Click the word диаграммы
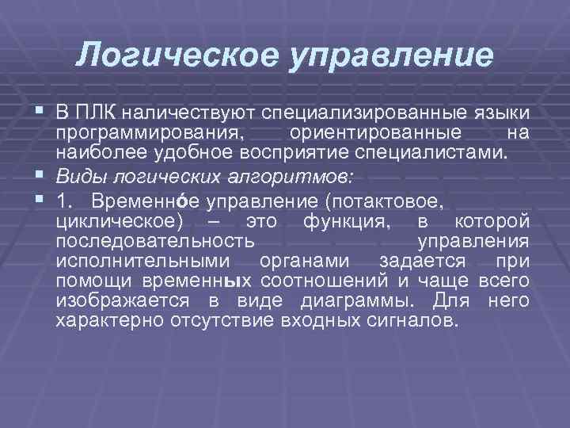pyautogui.click(x=363, y=302)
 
